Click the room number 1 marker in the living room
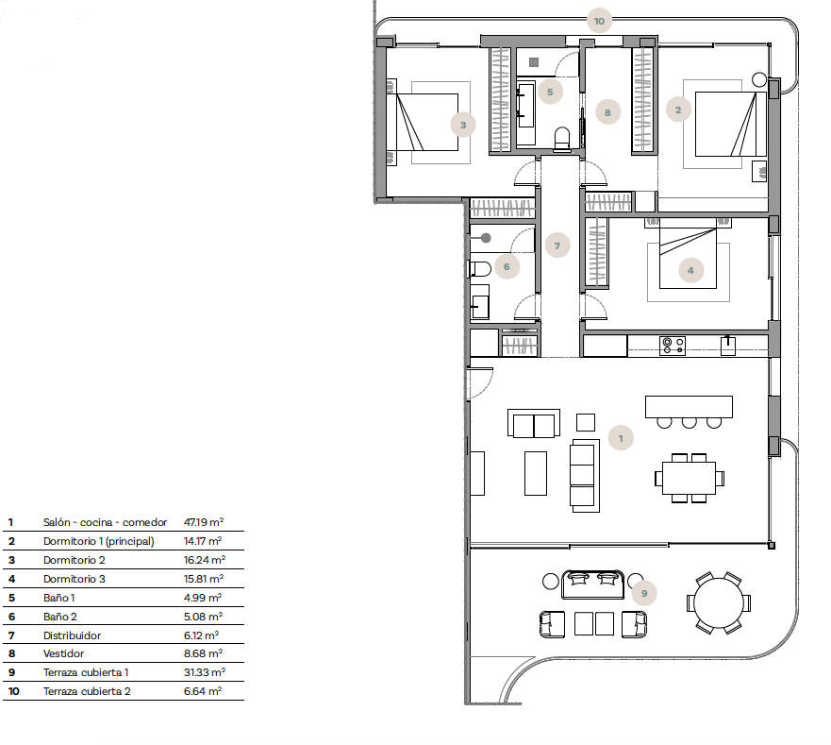[621, 438]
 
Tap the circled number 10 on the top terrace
[599, 21]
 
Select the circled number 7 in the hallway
[557, 246]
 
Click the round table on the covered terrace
[719, 602]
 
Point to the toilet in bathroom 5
[562, 139]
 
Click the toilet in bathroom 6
[480, 269]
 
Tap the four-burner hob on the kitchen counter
[673, 346]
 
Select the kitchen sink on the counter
[727, 346]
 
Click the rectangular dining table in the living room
[689, 478]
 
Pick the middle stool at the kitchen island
[689, 422]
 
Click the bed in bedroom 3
[427, 122]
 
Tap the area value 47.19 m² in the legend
[204, 522]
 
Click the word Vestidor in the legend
[63, 653]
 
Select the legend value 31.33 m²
[204, 672]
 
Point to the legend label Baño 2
[59, 617]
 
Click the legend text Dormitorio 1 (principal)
[99, 541]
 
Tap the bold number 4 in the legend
[11, 579]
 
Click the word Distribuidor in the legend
[72, 635]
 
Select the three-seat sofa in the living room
[585, 476]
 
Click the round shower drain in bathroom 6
[486, 238]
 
